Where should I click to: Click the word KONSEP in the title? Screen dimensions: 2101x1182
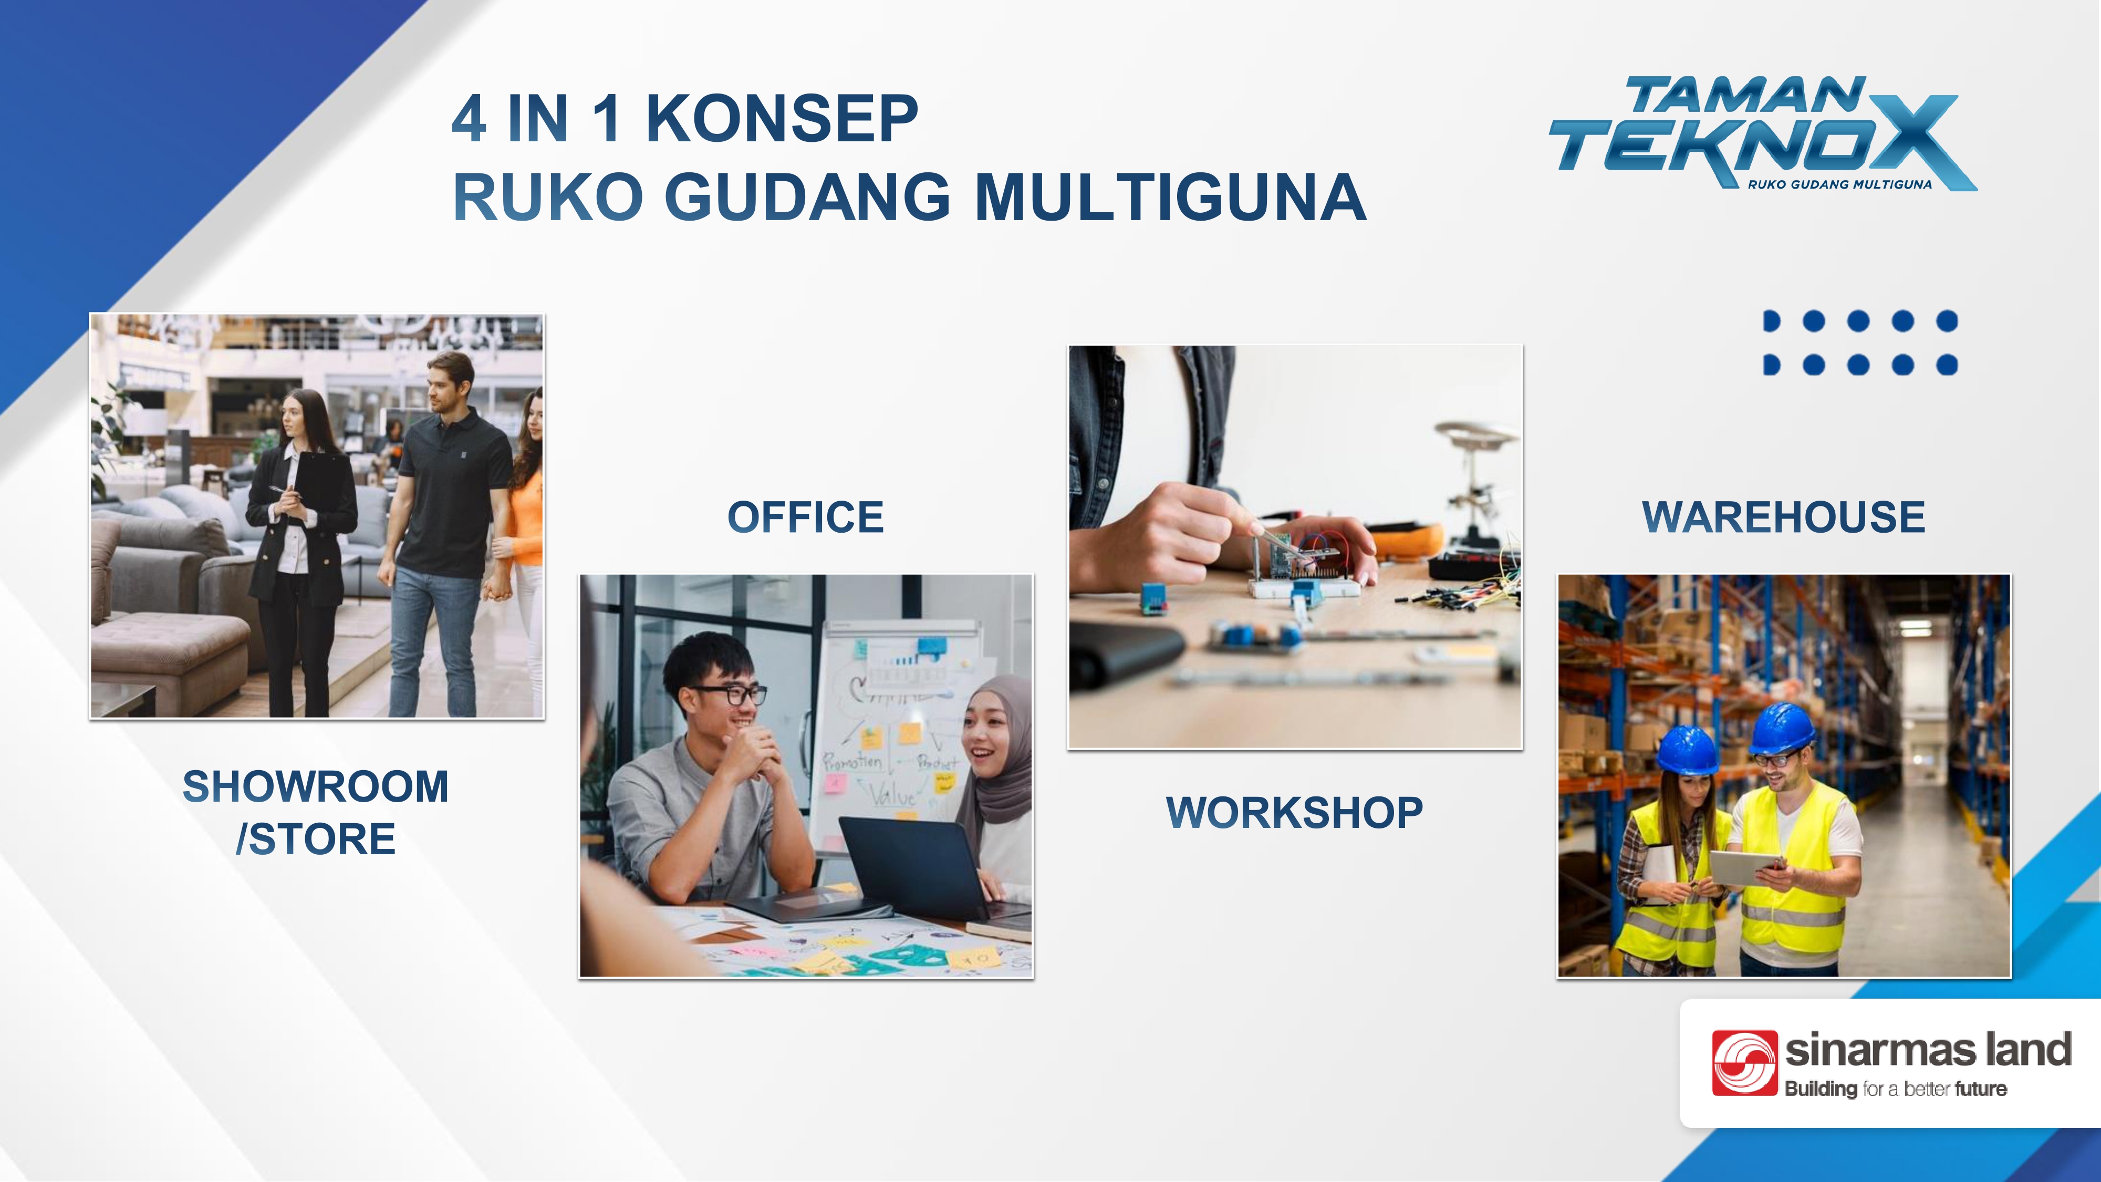coord(782,119)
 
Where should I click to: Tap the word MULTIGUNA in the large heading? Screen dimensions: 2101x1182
coord(1170,198)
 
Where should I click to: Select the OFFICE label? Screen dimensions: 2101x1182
coord(806,517)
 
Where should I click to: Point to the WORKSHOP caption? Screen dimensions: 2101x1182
coord(1294,813)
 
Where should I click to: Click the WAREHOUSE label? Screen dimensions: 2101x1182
coord(1784,517)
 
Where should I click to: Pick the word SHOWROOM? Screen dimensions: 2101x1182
coord(316,787)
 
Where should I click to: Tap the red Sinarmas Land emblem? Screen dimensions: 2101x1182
coord(1744,1063)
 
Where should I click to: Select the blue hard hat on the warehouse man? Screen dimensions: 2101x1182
coord(1787,728)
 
